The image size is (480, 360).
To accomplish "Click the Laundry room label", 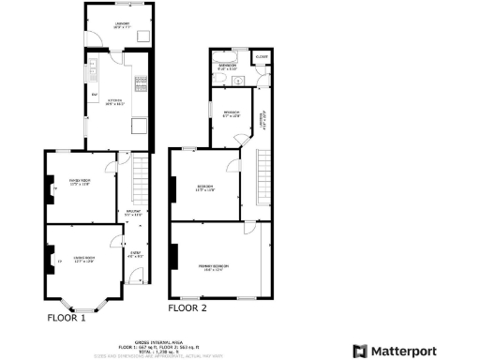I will coord(120,26).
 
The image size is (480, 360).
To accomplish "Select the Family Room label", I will coord(79,183).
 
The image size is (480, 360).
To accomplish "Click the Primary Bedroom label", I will coord(214,268).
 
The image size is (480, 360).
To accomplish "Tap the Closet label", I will coord(262,57).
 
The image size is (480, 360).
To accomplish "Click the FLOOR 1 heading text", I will coord(67,318).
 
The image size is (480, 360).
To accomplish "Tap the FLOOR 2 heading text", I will coord(187,307).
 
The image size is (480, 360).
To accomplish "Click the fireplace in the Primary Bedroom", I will coord(172,255).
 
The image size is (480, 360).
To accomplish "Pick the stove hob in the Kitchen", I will coord(142,82).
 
